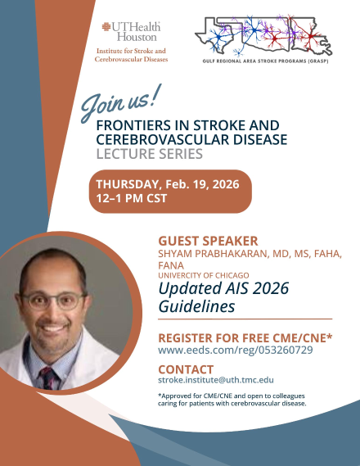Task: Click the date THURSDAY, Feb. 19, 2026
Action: point(167,184)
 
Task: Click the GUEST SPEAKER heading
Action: point(208,241)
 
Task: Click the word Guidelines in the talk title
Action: point(196,306)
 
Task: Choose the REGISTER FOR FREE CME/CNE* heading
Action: point(245,337)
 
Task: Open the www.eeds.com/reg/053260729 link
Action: point(236,350)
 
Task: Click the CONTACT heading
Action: point(186,369)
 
